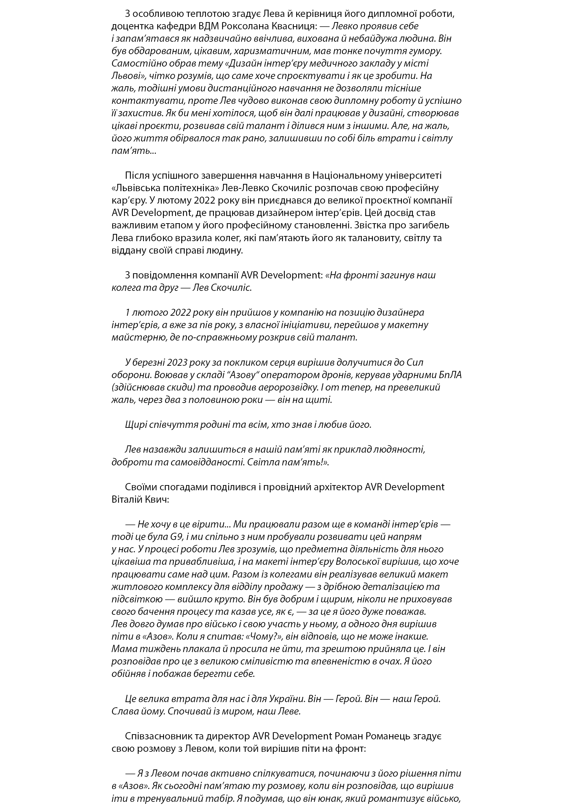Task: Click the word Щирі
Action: tap(134, 425)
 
